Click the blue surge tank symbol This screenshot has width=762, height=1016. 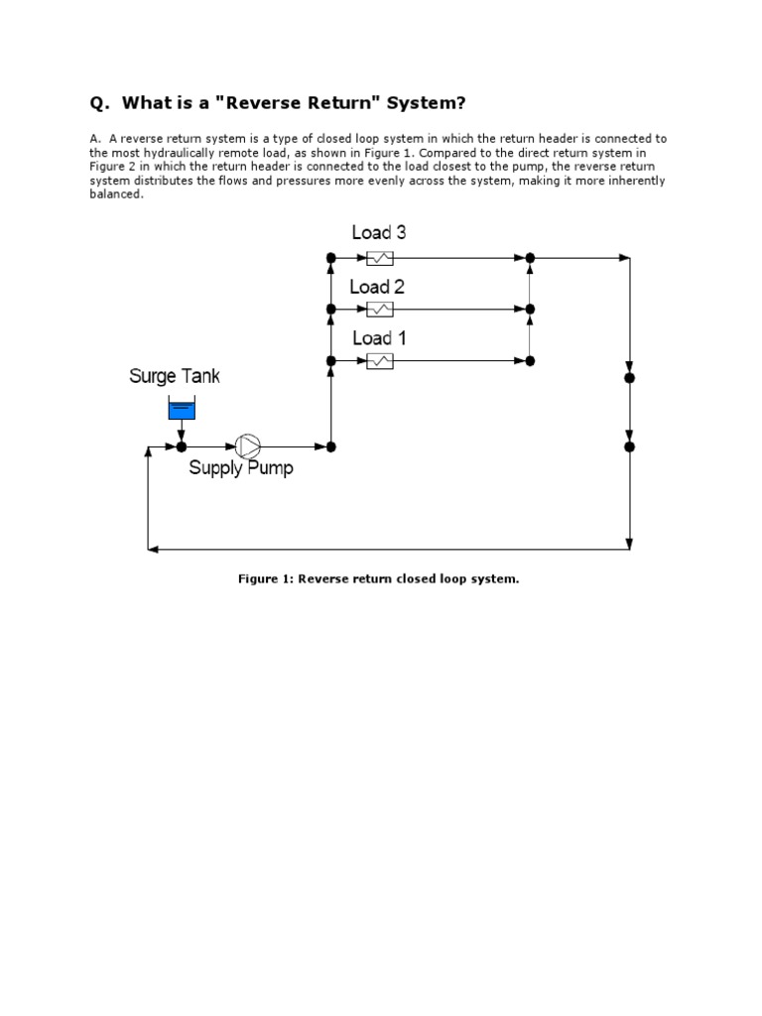(182, 407)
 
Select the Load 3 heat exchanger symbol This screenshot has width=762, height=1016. (380, 258)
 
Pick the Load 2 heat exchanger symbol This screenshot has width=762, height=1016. (380, 310)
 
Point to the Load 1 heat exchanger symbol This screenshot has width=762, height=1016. (380, 361)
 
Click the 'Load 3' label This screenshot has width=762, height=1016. (379, 232)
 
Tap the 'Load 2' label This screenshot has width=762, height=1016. (377, 287)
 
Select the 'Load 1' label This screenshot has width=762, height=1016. (379, 338)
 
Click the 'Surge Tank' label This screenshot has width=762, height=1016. (175, 376)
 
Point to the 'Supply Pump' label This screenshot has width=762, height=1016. (241, 468)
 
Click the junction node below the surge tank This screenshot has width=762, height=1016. (182, 446)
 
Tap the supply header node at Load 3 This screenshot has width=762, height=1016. (331, 258)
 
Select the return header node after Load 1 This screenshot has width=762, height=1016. (530, 361)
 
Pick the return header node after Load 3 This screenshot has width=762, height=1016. (530, 258)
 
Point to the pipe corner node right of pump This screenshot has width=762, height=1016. (331, 446)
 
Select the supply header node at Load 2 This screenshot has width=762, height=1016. (331, 310)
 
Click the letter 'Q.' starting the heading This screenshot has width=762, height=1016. (99, 103)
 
